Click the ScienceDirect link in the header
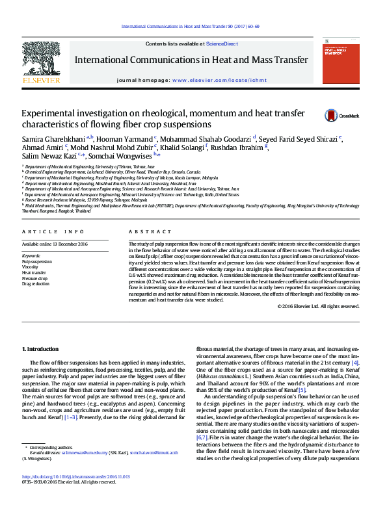pyautogui.click(x=221, y=44)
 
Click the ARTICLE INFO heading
pyautogui.click(x=53, y=232)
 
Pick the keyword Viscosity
pyautogui.click(x=30, y=266)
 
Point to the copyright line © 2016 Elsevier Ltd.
pyautogui.click(x=317, y=305)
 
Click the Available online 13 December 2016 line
pyautogui.click(x=55, y=244)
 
